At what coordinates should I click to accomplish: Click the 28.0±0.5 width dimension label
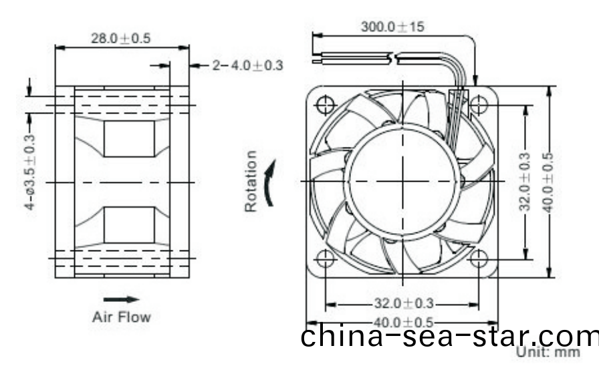pyautogui.click(x=120, y=38)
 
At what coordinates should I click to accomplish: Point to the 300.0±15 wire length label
pyautogui.click(x=392, y=27)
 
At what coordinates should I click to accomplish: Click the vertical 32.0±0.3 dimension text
pyautogui.click(x=525, y=181)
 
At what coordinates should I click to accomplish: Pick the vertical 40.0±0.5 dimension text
pyautogui.click(x=549, y=181)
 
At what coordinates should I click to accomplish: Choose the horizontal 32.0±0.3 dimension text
pyautogui.click(x=402, y=304)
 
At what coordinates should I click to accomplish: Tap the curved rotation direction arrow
pyautogui.click(x=270, y=182)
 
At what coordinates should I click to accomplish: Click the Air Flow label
pyautogui.click(x=121, y=317)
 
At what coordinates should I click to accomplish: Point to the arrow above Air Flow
pyautogui.click(x=121, y=300)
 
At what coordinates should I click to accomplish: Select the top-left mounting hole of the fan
pyautogui.click(x=326, y=105)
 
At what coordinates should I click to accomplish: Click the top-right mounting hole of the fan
pyautogui.click(x=479, y=105)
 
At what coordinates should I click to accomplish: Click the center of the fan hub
pyautogui.click(x=403, y=181)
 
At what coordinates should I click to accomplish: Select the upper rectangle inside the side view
pyautogui.click(x=129, y=139)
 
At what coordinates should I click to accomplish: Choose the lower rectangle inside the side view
pyautogui.click(x=129, y=224)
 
